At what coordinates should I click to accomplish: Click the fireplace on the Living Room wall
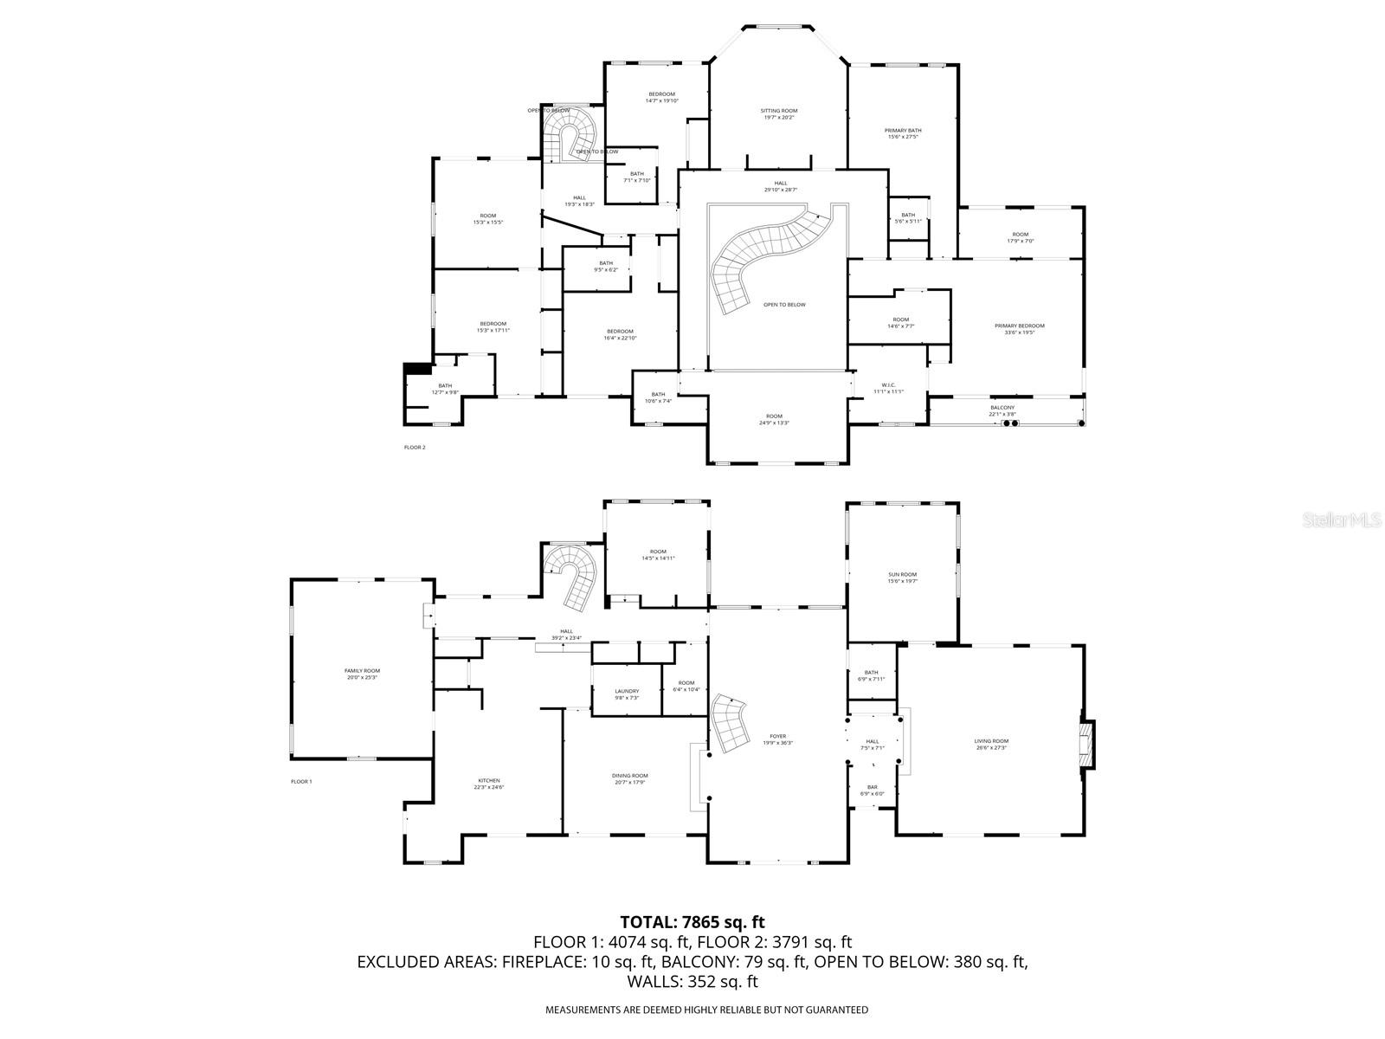1087,744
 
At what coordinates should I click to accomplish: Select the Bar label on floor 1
873,791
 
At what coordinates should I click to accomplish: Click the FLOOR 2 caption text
415,448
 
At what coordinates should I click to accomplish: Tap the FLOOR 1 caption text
301,782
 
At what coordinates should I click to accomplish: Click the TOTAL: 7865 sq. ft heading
692,922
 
